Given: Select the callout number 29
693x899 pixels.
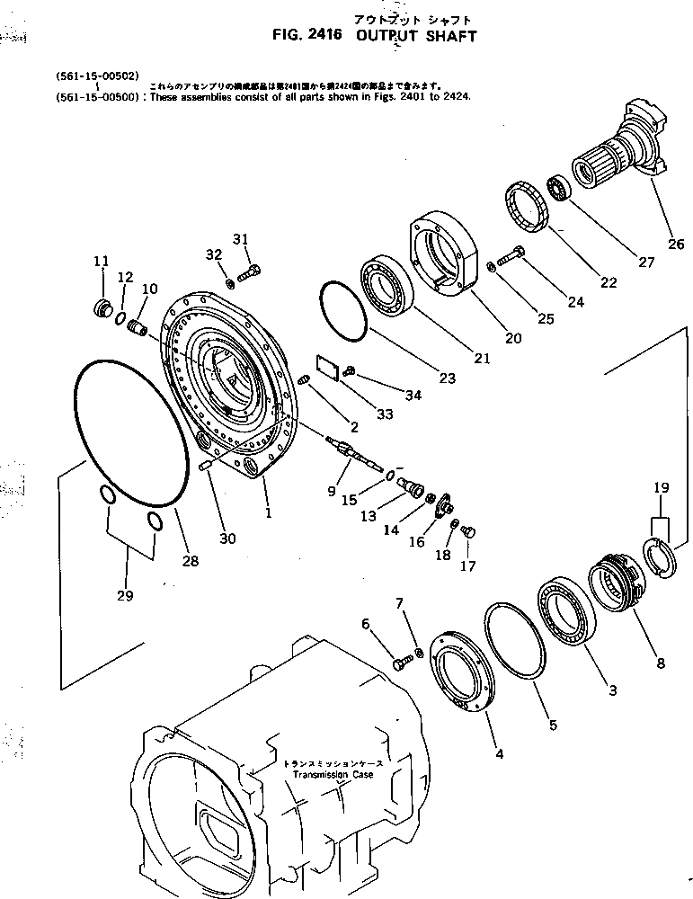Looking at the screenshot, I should coord(125,595).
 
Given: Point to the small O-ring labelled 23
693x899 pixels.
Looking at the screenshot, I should coord(342,310).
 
